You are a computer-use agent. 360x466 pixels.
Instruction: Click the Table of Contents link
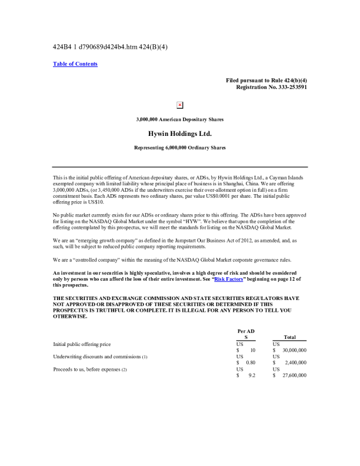(75, 64)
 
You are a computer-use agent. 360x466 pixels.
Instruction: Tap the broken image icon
(180, 105)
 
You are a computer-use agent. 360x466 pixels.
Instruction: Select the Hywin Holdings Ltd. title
(179, 134)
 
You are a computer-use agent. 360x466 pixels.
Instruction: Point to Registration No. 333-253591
(271, 87)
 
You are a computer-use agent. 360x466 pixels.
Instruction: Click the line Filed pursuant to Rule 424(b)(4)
(266, 80)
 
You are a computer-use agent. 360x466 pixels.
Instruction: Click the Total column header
(289, 338)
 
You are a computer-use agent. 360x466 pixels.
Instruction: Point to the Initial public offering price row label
(82, 344)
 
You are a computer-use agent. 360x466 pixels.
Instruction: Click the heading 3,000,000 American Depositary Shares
(179, 119)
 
